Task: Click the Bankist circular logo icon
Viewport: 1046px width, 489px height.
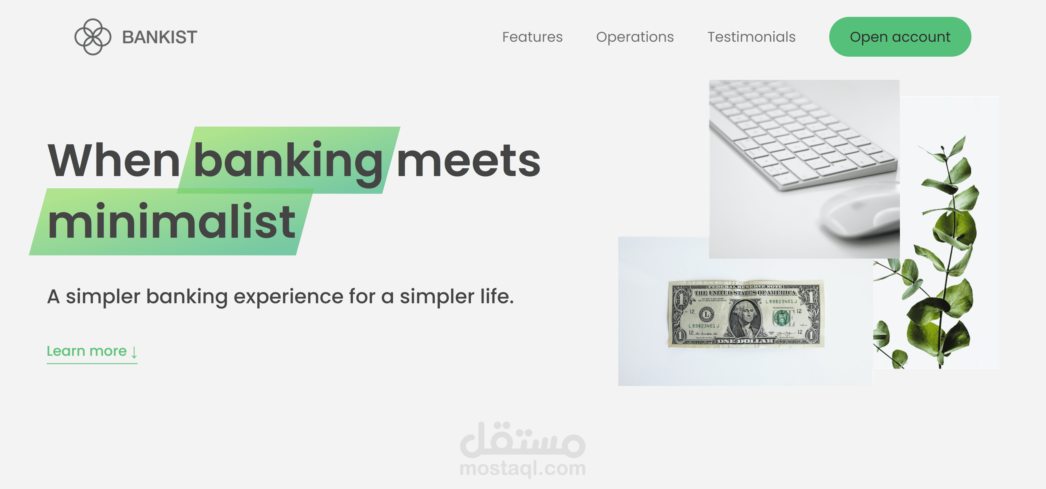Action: click(93, 36)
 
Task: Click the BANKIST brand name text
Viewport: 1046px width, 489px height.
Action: click(160, 37)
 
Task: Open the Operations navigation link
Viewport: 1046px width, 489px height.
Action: click(635, 37)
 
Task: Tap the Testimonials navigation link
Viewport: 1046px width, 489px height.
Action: click(751, 37)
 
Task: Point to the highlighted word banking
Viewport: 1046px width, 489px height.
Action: click(288, 161)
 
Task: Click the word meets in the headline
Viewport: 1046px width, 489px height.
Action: click(468, 161)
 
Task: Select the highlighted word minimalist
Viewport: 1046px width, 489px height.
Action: click(171, 222)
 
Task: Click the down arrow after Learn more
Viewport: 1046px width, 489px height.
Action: click(134, 352)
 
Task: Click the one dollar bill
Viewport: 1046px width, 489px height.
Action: click(746, 313)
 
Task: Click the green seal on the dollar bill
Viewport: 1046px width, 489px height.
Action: click(782, 317)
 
